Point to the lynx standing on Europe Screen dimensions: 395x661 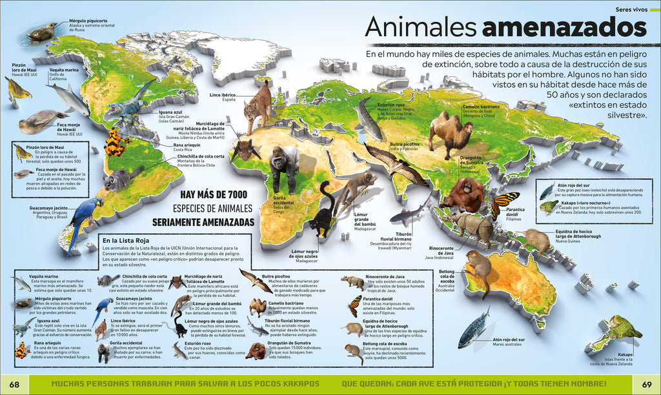coord(258,106)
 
